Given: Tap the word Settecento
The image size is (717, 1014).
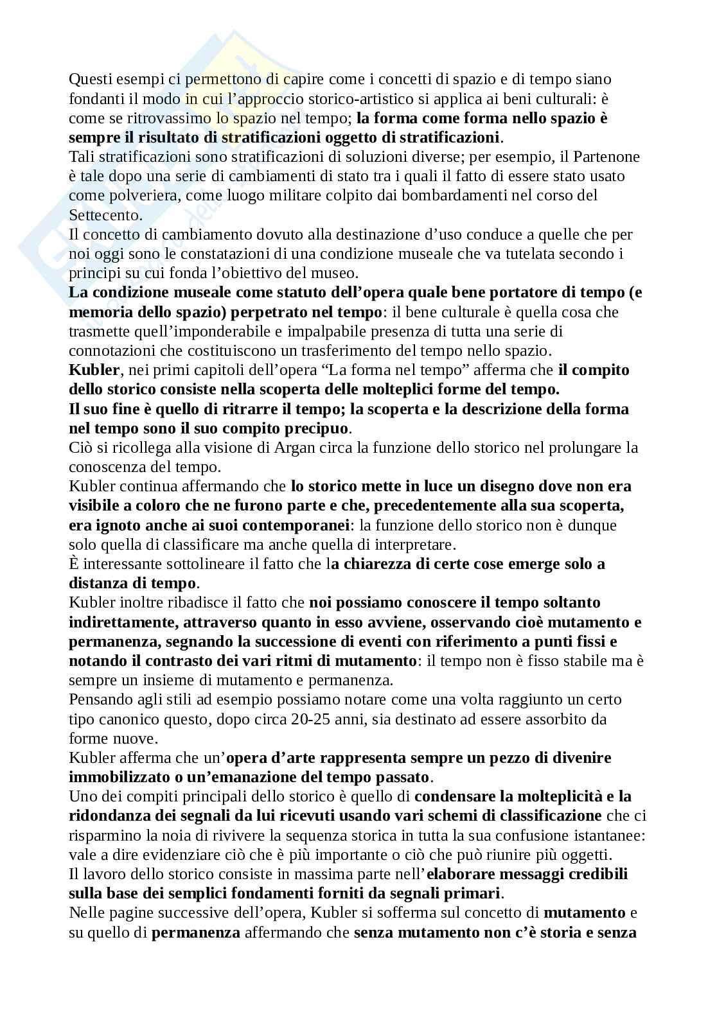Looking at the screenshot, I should (105, 214).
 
